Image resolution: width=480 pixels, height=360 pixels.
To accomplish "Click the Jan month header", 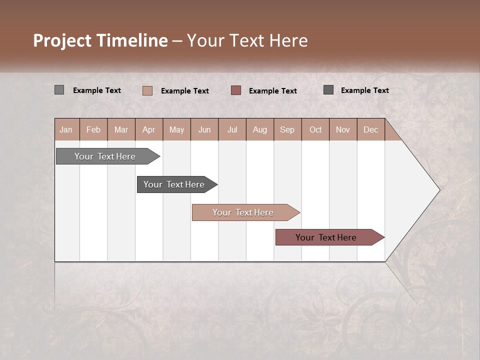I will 66,129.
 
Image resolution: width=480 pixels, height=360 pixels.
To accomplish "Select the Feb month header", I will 93,129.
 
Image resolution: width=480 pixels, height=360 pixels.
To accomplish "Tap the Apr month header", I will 148,129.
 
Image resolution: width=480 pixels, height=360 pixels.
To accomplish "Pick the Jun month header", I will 204,129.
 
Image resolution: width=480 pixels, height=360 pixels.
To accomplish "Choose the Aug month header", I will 259,129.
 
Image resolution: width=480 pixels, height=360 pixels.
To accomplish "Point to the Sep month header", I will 287,129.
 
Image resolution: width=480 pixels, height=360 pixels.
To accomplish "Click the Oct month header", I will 315,129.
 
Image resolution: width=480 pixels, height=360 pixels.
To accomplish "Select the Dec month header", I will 370,129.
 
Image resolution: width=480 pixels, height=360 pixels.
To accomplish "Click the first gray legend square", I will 59,90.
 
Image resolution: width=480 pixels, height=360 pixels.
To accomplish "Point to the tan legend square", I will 147,90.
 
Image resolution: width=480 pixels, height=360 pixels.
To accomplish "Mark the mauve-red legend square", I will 236,90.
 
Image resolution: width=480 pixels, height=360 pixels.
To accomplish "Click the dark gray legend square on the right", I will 328,89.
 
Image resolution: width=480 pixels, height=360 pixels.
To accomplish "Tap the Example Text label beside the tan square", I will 185,91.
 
